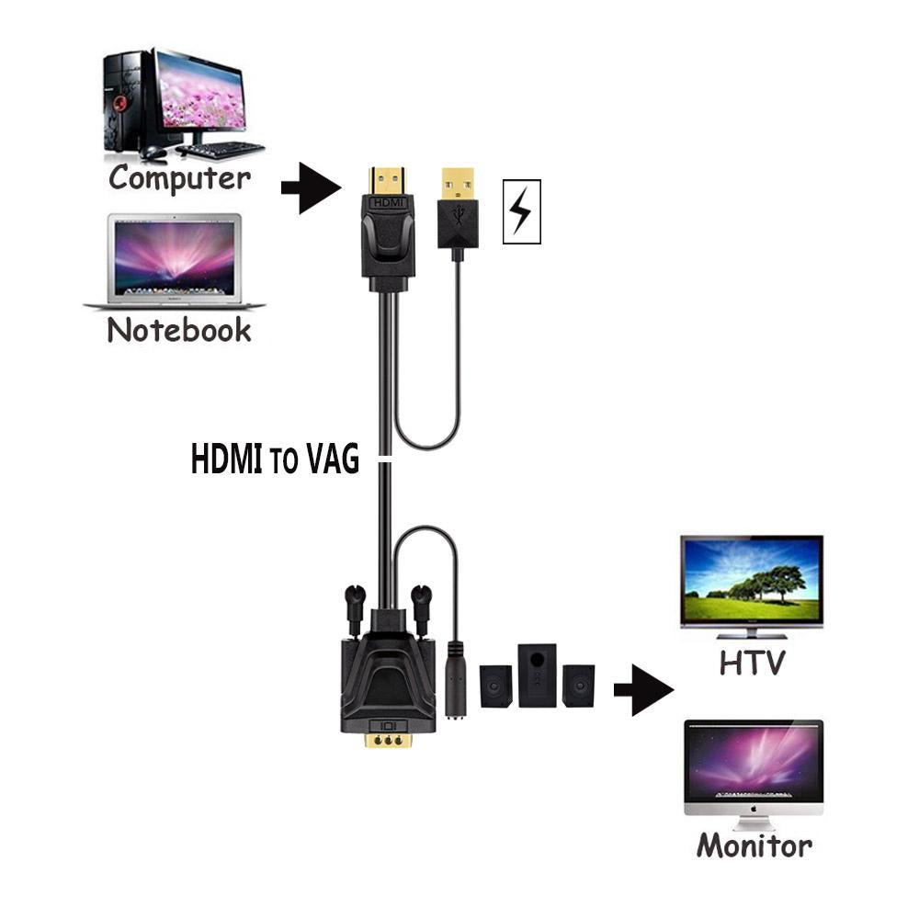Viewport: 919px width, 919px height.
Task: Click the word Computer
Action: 179,178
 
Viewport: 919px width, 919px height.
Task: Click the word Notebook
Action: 179,330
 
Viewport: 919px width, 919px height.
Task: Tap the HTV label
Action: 752,663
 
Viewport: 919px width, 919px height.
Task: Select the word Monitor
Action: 754,845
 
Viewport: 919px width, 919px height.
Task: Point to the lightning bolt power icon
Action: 521,211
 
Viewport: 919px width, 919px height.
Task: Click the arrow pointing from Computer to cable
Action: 311,187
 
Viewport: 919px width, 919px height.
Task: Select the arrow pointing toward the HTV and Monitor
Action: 643,690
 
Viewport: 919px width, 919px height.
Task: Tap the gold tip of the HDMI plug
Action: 387,182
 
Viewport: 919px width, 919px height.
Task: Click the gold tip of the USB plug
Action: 458,184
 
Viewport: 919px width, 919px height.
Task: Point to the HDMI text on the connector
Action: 388,203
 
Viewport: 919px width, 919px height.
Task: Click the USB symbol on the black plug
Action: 458,216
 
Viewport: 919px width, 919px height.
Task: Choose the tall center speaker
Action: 537,675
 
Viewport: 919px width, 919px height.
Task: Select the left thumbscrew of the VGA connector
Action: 354,609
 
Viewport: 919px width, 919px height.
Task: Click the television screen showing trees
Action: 752,579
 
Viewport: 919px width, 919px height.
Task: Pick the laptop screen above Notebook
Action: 174,258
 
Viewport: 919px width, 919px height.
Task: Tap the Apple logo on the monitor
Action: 754,810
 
